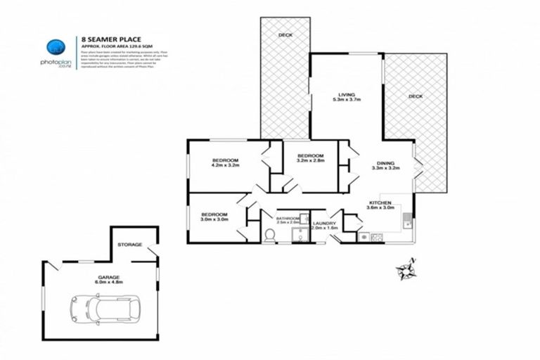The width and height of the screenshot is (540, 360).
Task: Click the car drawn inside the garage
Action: click(x=104, y=307)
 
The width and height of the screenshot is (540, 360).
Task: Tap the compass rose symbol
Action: click(x=405, y=269)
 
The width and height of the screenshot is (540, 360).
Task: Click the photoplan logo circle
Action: click(x=57, y=48)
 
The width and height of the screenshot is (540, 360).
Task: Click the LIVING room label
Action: click(x=346, y=94)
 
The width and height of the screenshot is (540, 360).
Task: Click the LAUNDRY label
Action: click(x=324, y=223)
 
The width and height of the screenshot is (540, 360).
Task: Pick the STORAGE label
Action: click(x=130, y=245)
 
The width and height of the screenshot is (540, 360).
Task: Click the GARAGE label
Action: click(x=109, y=277)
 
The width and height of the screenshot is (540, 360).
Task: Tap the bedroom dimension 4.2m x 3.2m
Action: click(x=226, y=167)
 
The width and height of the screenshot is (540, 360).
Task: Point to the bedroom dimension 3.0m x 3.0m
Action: click(x=214, y=219)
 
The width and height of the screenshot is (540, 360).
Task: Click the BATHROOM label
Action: click(x=288, y=219)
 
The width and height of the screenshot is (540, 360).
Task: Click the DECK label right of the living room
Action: click(x=416, y=96)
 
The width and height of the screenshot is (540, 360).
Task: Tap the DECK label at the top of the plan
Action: click(x=285, y=34)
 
